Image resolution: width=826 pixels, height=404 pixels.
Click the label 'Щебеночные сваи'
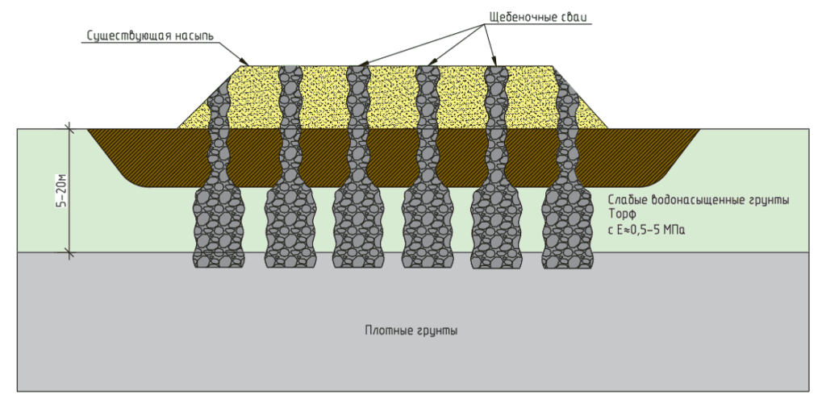click(540, 17)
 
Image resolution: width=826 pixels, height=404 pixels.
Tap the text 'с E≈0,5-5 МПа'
click(646, 230)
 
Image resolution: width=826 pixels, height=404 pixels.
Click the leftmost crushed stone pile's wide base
click(219, 227)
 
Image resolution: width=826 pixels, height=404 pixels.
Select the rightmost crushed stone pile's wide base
click(567, 227)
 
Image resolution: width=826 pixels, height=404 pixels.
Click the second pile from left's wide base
click(290, 227)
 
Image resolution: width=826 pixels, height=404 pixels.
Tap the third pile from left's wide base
click(358, 227)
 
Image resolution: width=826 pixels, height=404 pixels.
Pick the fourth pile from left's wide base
click(428, 227)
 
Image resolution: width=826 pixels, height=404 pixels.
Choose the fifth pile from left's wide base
click(496, 227)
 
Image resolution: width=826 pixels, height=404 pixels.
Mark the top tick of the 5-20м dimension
click(69, 128)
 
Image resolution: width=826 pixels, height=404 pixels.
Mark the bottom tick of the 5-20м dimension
click(69, 252)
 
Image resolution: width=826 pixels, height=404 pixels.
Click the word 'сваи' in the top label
click(578, 17)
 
